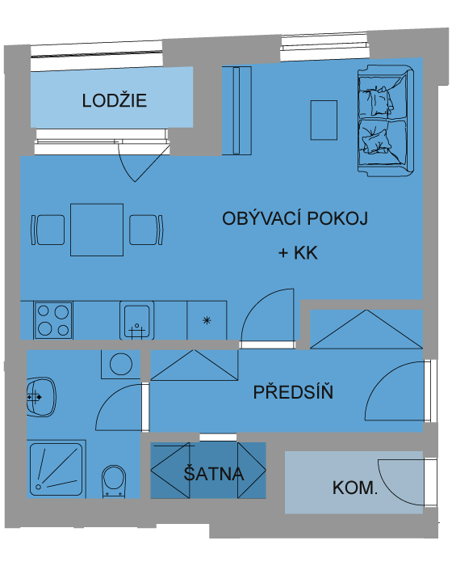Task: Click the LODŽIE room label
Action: [x=115, y=100]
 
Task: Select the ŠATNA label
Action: [x=214, y=473]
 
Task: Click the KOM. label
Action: [x=355, y=488]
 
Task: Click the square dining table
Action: [x=97, y=230]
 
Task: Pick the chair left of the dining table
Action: [x=48, y=230]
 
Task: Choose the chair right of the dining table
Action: [x=146, y=230]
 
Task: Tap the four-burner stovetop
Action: [x=53, y=320]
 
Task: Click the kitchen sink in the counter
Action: [x=137, y=320]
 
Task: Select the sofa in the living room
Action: [x=386, y=121]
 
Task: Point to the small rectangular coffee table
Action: [x=324, y=120]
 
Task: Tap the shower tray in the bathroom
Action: [x=56, y=469]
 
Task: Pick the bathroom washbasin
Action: [x=41, y=398]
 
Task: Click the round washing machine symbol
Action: [x=121, y=364]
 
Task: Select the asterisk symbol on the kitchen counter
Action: [x=207, y=320]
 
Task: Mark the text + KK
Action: [x=298, y=252]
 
